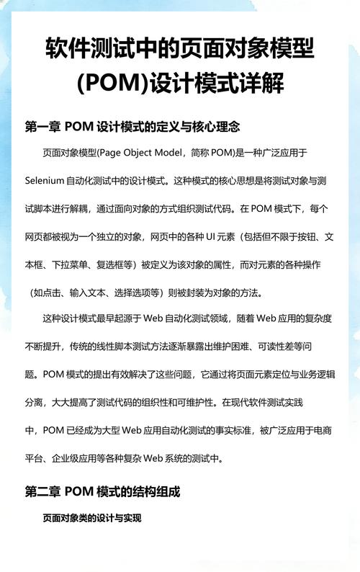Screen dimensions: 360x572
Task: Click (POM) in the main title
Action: [x=112, y=84]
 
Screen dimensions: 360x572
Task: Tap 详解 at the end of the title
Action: [x=263, y=84]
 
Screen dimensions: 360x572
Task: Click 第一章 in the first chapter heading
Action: [x=42, y=126]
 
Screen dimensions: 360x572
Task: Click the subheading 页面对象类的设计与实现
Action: [x=91, y=518]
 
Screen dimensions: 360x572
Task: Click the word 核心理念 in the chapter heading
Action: [x=217, y=126]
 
